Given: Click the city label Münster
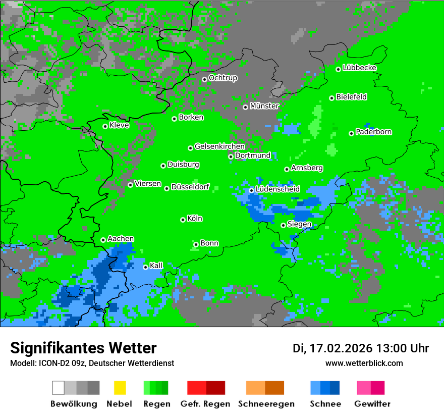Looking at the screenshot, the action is tap(264, 106).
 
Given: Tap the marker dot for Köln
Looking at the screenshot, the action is tap(183, 220).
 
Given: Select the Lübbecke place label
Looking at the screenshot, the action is tap(359, 68).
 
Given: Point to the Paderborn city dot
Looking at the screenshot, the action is tap(351, 133).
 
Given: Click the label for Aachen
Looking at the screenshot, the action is tap(121, 239).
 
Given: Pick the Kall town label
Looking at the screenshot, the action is tap(156, 266).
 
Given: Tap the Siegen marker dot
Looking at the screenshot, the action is tap(283, 225).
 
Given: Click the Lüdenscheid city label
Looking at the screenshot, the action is tap(277, 189).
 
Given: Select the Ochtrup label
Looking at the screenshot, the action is tap(223, 78).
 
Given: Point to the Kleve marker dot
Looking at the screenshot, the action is tap(105, 126).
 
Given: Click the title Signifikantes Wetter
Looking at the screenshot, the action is tap(83, 348).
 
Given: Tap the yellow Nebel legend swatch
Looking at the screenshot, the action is tap(120, 388).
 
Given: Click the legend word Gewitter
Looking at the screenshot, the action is tap(372, 404).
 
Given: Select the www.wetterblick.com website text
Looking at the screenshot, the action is tap(364, 363).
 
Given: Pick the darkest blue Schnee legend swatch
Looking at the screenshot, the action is tap(335, 388).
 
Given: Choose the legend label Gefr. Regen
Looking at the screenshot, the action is tap(205, 404).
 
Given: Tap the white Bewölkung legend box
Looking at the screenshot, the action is tap(59, 388).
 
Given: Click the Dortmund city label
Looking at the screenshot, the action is tap(253, 155).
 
